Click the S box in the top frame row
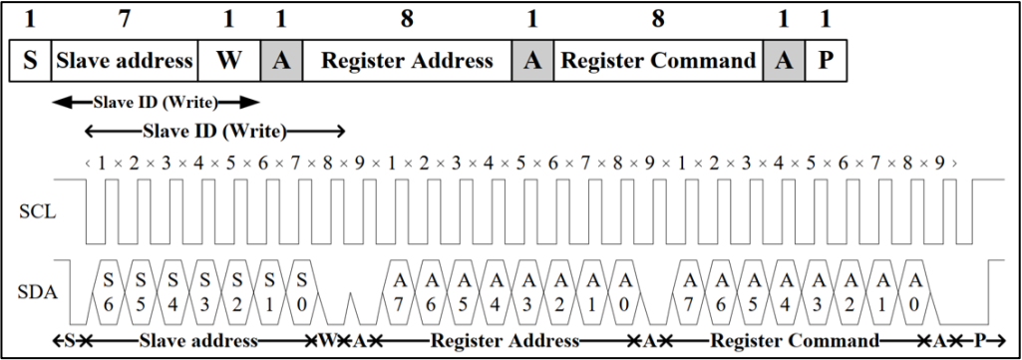(x=30, y=61)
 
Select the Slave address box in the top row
(x=124, y=61)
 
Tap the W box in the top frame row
(x=228, y=61)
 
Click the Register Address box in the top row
(x=408, y=61)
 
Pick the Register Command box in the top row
(x=658, y=61)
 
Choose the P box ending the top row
(x=826, y=61)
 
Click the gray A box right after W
(x=281, y=61)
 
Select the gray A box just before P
(x=784, y=61)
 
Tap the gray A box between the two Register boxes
(x=533, y=61)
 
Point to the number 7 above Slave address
(x=124, y=19)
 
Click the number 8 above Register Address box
(x=407, y=19)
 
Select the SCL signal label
(x=39, y=212)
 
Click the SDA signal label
(x=39, y=293)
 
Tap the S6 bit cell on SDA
(x=109, y=291)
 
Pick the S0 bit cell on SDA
(x=301, y=291)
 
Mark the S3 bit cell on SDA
(x=204, y=291)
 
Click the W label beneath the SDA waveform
(x=325, y=341)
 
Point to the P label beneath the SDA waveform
(x=980, y=341)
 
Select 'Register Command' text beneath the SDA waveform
(x=795, y=341)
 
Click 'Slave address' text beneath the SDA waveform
(x=198, y=341)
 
